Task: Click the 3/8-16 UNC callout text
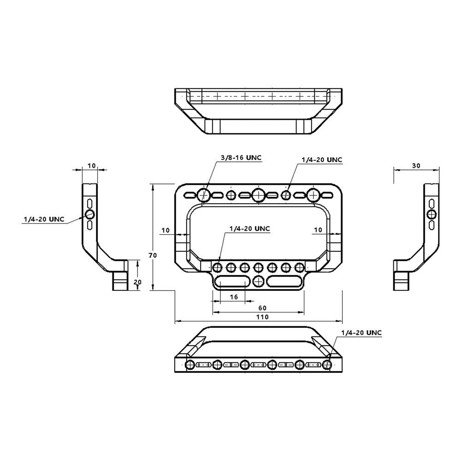(x=241, y=158)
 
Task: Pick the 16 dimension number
(x=234, y=297)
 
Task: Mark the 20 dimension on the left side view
(x=137, y=282)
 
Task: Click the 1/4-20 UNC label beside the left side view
(x=44, y=219)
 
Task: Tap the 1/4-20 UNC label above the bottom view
(x=361, y=332)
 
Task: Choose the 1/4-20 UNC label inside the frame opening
(x=249, y=229)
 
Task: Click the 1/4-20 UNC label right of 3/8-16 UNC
(x=322, y=160)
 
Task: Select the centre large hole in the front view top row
(x=259, y=195)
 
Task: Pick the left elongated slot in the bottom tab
(x=233, y=281)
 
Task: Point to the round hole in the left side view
(x=90, y=214)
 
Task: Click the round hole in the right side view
(x=431, y=213)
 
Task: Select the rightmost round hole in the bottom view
(x=327, y=365)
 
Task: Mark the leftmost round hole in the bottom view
(x=190, y=365)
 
